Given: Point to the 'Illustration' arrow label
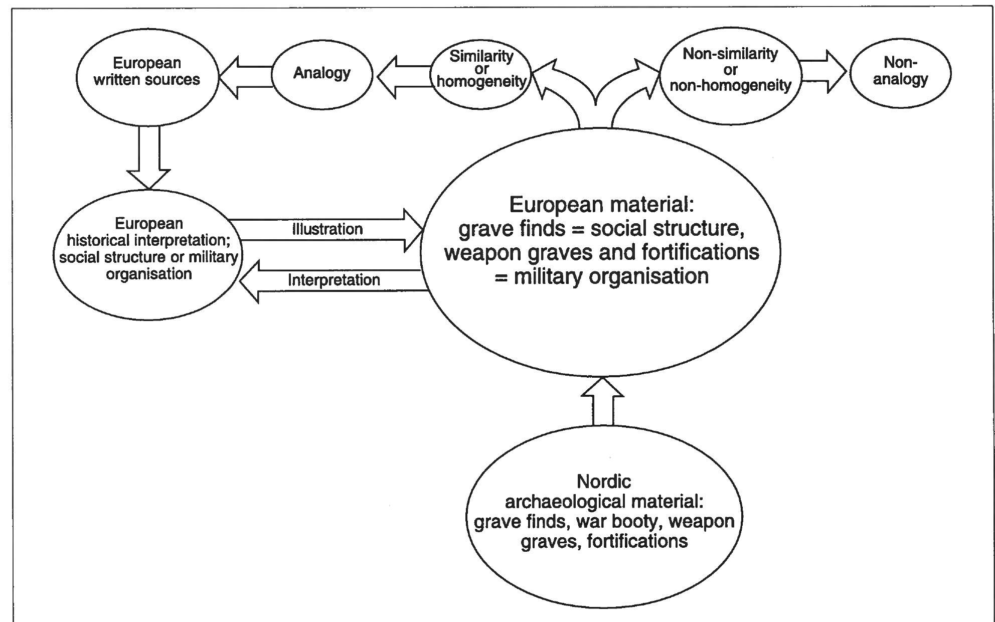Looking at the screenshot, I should pos(327,230).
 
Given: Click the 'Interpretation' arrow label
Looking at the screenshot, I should pos(334,280).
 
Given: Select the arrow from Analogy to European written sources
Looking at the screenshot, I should pos(246,77).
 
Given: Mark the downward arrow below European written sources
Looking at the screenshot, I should pos(149,158).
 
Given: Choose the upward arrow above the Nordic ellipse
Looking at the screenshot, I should pos(602,401).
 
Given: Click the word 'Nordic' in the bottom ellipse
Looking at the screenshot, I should pos(603,482).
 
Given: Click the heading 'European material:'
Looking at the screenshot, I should pos(601,205).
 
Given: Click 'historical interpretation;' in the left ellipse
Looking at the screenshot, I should pos(148,240).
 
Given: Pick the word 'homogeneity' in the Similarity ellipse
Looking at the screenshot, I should pos(481,81).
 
